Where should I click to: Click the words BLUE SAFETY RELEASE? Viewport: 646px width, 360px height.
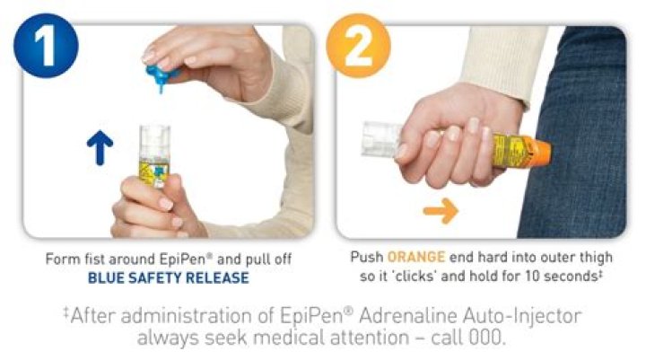click(168, 277)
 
